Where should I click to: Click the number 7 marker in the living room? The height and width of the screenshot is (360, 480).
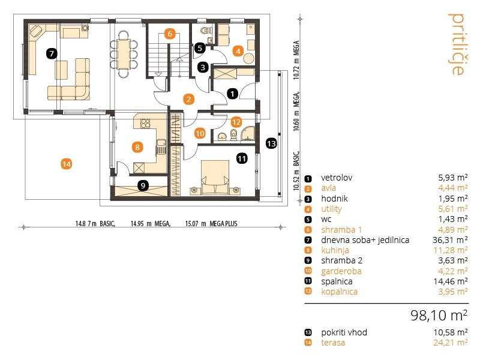click(x=52, y=53)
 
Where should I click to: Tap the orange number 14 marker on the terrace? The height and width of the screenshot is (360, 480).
click(x=67, y=164)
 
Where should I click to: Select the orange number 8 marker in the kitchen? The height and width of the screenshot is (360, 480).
click(x=137, y=147)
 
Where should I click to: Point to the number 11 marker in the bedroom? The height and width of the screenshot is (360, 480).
click(x=242, y=158)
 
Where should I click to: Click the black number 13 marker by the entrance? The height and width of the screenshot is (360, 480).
click(x=271, y=143)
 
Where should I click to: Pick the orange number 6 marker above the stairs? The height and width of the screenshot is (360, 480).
click(x=170, y=34)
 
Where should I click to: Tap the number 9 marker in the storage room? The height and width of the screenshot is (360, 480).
click(x=143, y=185)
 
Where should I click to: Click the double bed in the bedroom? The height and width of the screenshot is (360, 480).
click(x=215, y=177)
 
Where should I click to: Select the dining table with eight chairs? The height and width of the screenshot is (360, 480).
click(x=124, y=53)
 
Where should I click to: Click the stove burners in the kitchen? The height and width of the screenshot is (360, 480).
click(x=145, y=123)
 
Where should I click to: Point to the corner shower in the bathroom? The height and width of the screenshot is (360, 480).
click(x=248, y=134)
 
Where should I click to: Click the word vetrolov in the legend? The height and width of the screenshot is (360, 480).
click(x=337, y=178)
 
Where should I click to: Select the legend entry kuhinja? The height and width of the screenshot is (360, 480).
click(x=335, y=250)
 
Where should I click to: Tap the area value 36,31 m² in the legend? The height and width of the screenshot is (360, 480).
click(x=450, y=239)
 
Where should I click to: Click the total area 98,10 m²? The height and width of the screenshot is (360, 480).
click(x=439, y=315)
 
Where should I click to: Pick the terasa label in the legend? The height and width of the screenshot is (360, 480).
click(x=333, y=343)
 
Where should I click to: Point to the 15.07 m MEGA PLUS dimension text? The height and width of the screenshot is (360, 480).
click(x=211, y=224)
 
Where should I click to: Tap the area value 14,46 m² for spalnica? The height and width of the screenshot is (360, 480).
click(x=451, y=281)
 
